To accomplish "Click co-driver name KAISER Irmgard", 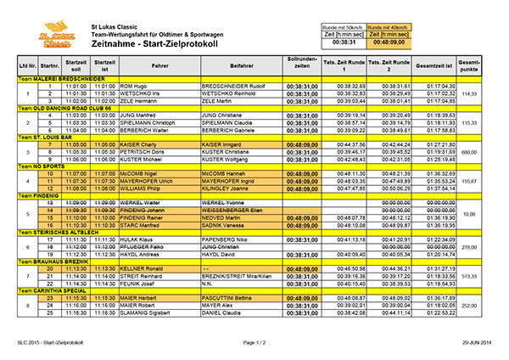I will [x=222, y=144].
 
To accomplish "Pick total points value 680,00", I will [x=469, y=152].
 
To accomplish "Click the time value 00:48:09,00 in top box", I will [x=388, y=40].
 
